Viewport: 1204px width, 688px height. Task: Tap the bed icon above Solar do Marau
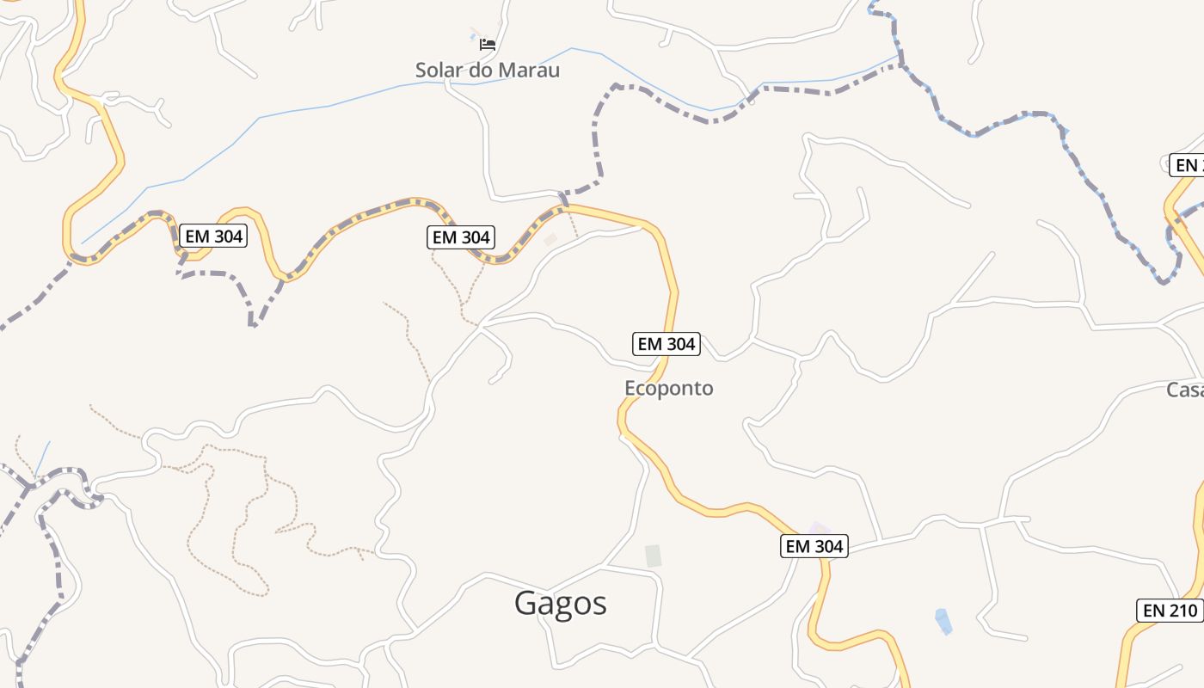click(488, 44)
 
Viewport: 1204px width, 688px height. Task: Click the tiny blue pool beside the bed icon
click(475, 37)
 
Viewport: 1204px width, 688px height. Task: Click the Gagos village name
click(561, 604)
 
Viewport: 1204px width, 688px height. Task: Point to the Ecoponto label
click(668, 389)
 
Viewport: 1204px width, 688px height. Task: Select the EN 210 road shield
click(1170, 611)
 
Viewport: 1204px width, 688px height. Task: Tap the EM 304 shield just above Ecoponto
click(666, 344)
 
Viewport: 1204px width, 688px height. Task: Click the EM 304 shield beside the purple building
click(814, 545)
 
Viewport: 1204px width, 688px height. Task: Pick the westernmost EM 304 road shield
click(213, 236)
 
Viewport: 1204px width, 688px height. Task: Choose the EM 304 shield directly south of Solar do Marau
click(461, 237)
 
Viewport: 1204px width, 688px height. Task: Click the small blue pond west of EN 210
click(943, 621)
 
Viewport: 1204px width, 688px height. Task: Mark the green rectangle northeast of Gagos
click(654, 556)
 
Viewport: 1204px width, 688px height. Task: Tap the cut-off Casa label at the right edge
click(1185, 390)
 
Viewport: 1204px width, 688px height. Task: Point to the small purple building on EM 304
click(819, 527)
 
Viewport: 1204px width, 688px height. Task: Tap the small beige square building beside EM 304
click(550, 240)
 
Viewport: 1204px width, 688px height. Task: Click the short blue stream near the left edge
click(42, 459)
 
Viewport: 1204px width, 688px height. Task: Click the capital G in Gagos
click(528, 604)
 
